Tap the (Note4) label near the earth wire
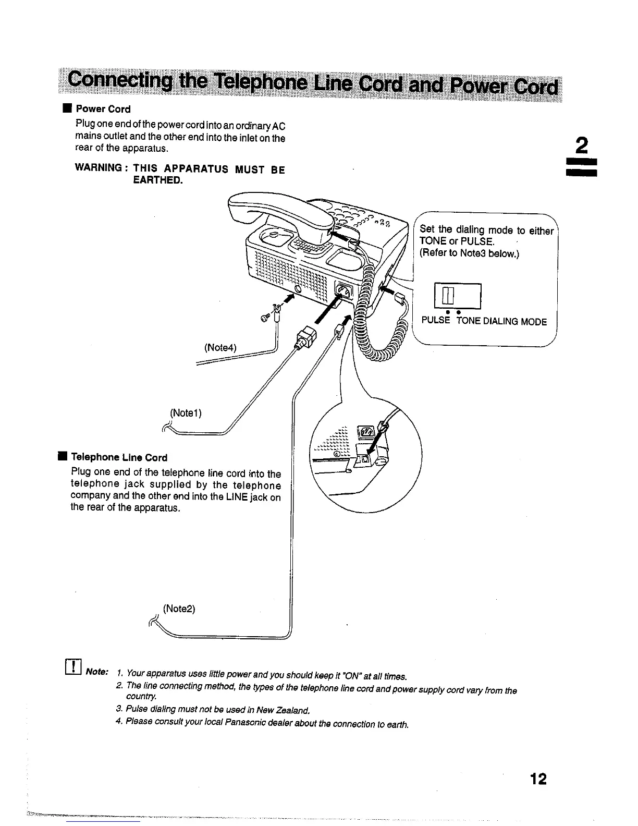[221, 347]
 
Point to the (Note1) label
[186, 413]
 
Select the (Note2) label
[179, 609]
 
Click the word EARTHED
[158, 180]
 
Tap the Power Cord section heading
[103, 109]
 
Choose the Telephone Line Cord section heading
[119, 457]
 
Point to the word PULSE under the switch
[435, 321]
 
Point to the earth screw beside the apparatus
[264, 318]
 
